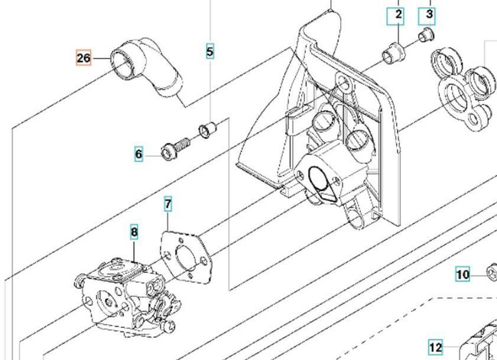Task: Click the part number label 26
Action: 84,57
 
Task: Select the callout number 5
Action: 210,52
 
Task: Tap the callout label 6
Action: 138,154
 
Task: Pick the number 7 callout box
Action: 167,204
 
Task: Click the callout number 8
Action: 134,232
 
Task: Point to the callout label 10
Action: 463,274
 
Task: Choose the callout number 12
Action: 435,347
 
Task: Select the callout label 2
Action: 398,14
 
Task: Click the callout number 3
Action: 429,14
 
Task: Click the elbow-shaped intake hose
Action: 149,71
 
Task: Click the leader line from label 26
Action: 102,57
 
